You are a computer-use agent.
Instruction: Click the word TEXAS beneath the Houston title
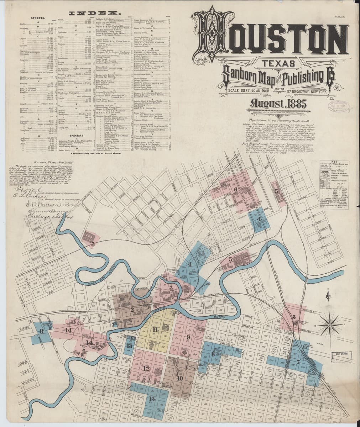[270, 64]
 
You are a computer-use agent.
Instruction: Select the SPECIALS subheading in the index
[78, 136]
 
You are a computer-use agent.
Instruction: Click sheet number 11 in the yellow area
[155, 330]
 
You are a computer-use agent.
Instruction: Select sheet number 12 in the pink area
[146, 368]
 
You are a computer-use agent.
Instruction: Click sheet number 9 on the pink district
[188, 337]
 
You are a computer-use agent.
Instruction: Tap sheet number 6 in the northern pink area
[235, 190]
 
